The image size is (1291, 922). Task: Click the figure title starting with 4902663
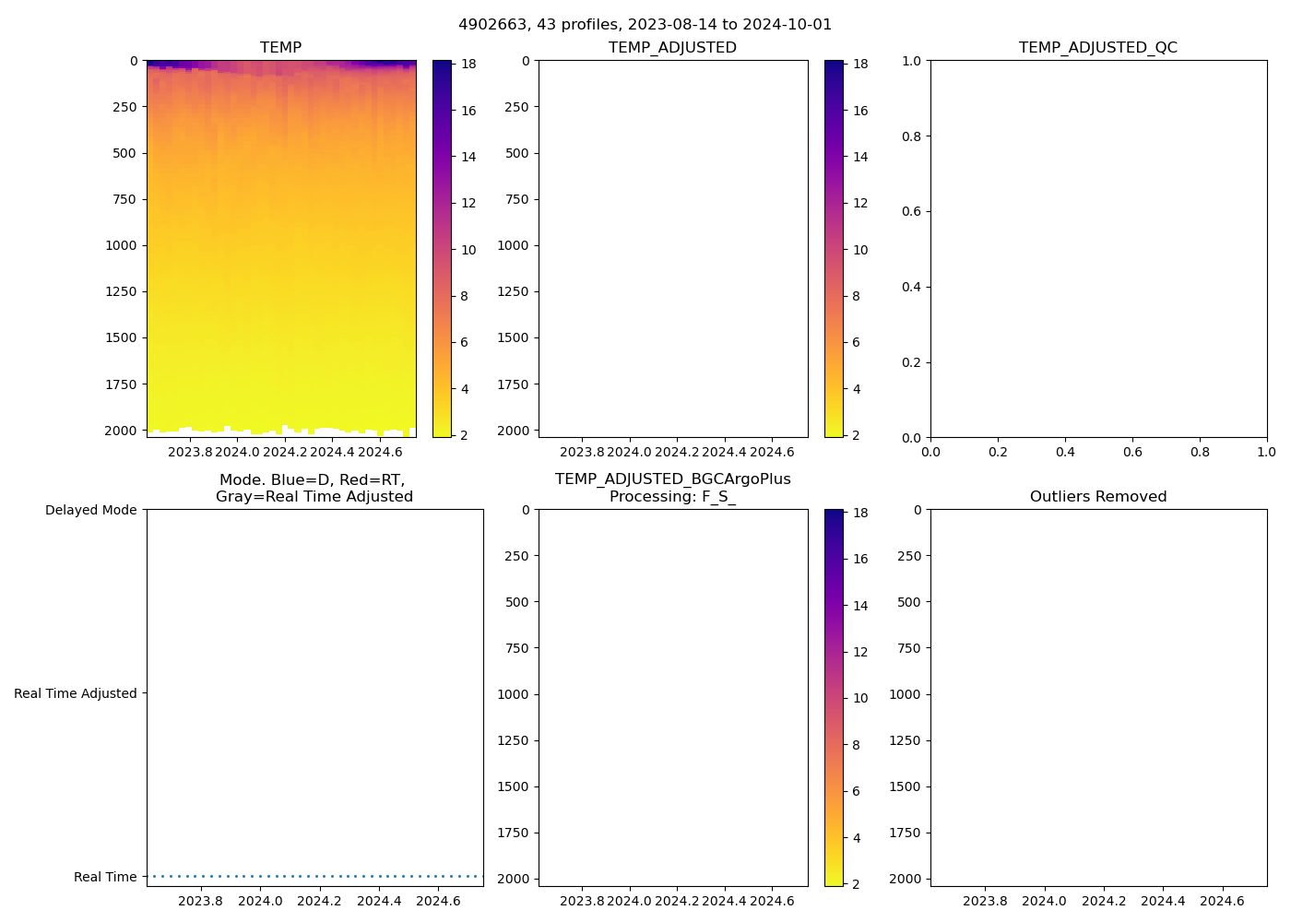pyautogui.click(x=645, y=25)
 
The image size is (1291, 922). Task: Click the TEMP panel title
pyautogui.click(x=280, y=48)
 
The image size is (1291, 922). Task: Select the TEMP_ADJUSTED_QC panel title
pyautogui.click(x=1097, y=48)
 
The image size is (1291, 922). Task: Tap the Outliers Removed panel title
pyautogui.click(x=1097, y=497)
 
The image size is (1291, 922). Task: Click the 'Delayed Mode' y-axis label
pyautogui.click(x=90, y=510)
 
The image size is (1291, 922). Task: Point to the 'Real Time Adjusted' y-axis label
pyautogui.click(x=75, y=693)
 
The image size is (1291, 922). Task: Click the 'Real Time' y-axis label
pyautogui.click(x=104, y=877)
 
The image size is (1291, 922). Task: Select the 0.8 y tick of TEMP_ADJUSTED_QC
pyautogui.click(x=911, y=136)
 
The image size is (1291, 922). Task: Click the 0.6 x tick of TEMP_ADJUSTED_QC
pyautogui.click(x=1132, y=452)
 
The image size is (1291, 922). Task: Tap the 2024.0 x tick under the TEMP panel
pyautogui.click(x=238, y=452)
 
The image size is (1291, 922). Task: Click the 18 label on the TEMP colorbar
pyautogui.click(x=468, y=65)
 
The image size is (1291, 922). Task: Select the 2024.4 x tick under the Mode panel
pyautogui.click(x=379, y=901)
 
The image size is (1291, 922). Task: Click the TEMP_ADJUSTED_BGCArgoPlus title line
pyautogui.click(x=672, y=479)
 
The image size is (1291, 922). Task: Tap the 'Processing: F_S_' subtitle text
pyautogui.click(x=672, y=497)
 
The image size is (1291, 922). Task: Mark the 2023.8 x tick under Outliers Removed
pyautogui.click(x=985, y=901)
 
